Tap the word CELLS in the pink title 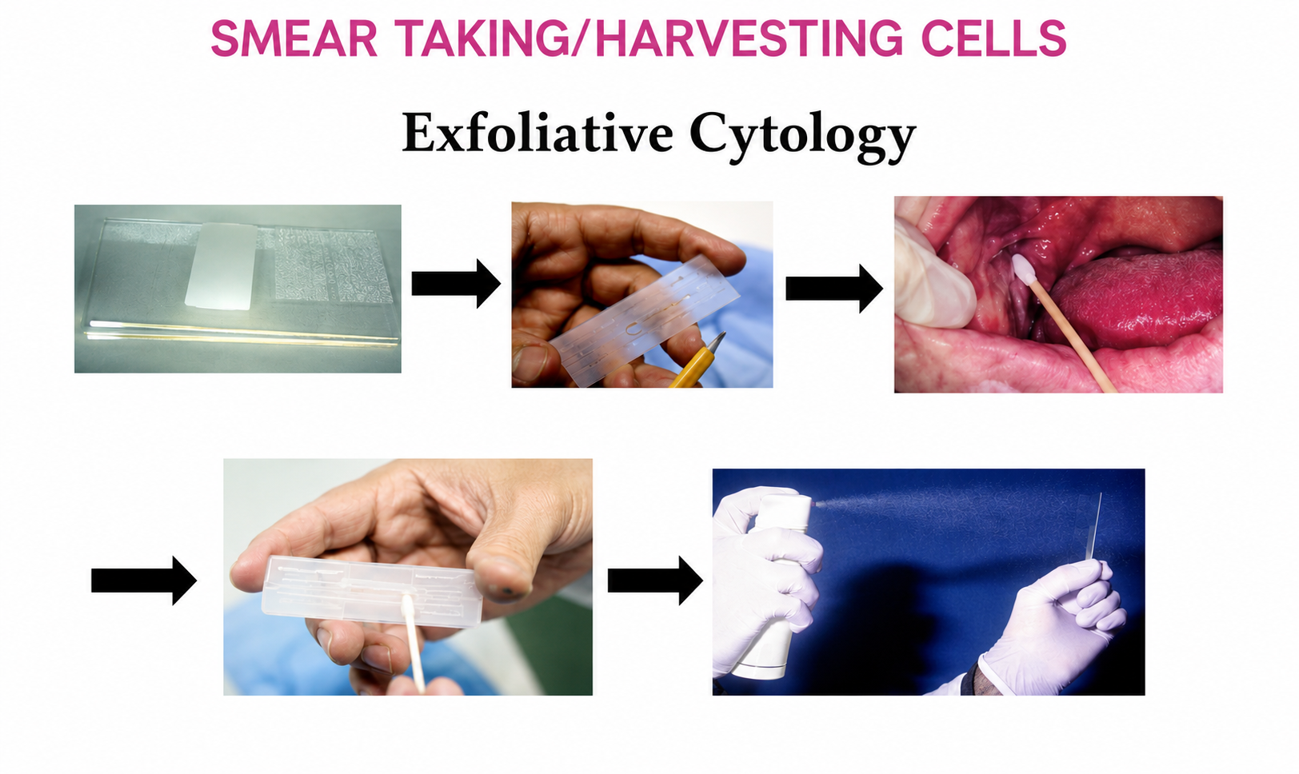(x=993, y=38)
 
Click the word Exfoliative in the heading (x=538, y=133)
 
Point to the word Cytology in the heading (x=802, y=137)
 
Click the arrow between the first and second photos (x=456, y=284)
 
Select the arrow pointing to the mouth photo (x=834, y=288)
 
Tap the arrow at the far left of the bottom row (x=144, y=580)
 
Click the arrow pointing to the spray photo (x=655, y=580)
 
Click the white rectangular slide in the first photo (x=221, y=266)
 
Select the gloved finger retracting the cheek (x=933, y=278)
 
